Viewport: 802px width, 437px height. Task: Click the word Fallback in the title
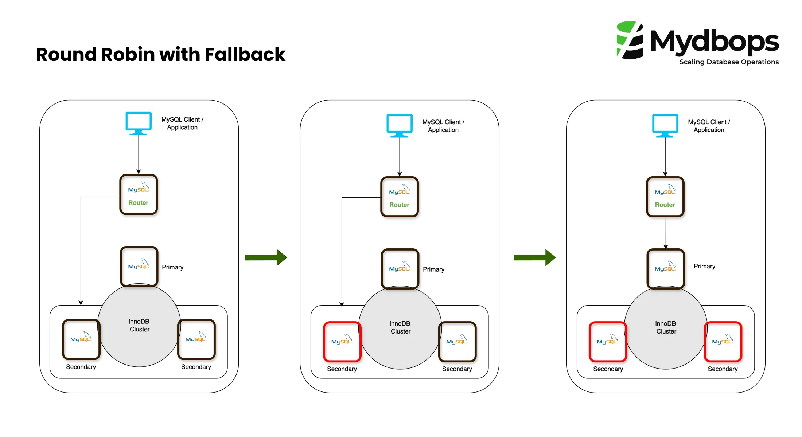245,55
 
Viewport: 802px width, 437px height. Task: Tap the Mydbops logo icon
630,40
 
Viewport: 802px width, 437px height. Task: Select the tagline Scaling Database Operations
729,62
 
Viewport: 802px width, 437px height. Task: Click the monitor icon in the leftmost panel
139,123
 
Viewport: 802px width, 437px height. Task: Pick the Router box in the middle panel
400,197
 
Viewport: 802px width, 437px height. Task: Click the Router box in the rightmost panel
665,197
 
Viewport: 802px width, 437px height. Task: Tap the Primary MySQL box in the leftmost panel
139,266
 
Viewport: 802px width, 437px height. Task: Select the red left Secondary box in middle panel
342,342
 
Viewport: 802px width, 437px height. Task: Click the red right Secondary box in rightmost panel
723,342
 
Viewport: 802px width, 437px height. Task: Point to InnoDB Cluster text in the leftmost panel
139,325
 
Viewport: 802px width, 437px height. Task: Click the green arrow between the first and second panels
266,257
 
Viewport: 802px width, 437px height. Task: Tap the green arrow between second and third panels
534,257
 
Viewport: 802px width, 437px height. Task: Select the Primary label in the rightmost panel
704,266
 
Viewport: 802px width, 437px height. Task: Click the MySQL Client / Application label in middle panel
443,126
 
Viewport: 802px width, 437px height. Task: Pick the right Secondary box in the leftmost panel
196,339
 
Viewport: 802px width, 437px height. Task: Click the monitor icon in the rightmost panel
665,125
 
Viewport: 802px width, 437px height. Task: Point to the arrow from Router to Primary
666,233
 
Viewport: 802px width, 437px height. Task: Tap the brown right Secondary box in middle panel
457,342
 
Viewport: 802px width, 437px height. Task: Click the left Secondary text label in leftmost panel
81,367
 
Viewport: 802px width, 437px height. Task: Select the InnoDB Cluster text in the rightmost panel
666,327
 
